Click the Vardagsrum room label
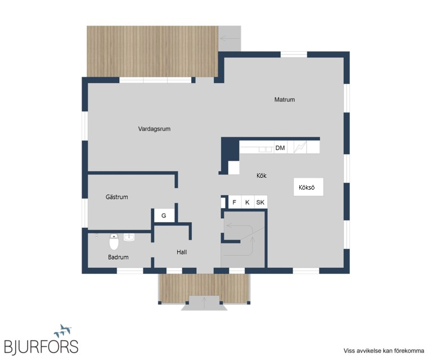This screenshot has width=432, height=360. pyautogui.click(x=154, y=129)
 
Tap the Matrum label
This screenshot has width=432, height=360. pyautogui.click(x=285, y=100)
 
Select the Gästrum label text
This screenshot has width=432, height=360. pyautogui.click(x=117, y=197)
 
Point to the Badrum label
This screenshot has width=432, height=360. pyautogui.click(x=118, y=257)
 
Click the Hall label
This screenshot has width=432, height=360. pyautogui.click(x=182, y=252)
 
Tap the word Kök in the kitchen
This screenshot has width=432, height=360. pyautogui.click(x=262, y=175)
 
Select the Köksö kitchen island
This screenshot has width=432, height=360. pyautogui.click(x=308, y=187)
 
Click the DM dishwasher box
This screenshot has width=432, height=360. pyautogui.click(x=280, y=147)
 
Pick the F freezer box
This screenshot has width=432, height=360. pyautogui.click(x=235, y=202)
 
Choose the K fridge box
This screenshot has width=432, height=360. pyautogui.click(x=247, y=202)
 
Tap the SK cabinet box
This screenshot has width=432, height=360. pyautogui.click(x=260, y=202)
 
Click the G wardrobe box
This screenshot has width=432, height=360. pyautogui.click(x=164, y=215)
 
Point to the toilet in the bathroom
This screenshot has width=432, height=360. pyautogui.click(x=114, y=241)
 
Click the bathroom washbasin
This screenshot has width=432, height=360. pyautogui.click(x=129, y=237)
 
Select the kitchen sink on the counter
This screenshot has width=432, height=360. pyautogui.click(x=265, y=149)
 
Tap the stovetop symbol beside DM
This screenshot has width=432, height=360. pyautogui.click(x=300, y=147)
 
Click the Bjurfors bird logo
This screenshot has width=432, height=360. pyautogui.click(x=63, y=331)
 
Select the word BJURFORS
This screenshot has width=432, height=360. pyautogui.click(x=41, y=346)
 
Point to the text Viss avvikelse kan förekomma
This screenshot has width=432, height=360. pyautogui.click(x=384, y=350)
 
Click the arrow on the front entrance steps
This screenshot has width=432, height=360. pyautogui.click(x=204, y=303)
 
